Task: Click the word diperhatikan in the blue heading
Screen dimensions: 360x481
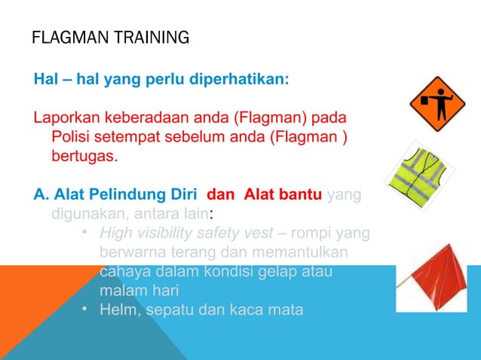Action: (240, 78)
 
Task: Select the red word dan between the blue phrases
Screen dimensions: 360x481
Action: (221, 195)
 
